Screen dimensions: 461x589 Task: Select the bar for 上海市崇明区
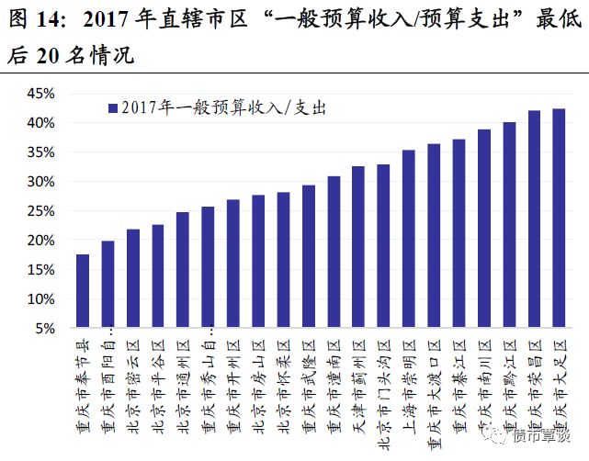(409, 239)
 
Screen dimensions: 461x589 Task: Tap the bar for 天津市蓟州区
(358, 247)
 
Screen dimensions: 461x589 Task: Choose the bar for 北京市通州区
(183, 270)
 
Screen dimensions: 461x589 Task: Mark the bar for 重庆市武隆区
(309, 256)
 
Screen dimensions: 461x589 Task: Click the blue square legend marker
(112, 107)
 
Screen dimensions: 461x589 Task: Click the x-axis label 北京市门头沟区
(384, 386)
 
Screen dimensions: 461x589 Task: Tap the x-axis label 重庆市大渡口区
(434, 386)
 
